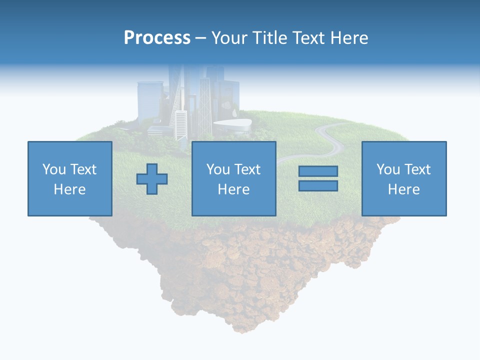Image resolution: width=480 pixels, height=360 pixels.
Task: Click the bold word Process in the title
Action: (157, 38)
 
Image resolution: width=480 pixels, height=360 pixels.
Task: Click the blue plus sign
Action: (152, 179)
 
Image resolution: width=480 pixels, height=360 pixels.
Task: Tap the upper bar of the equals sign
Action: (318, 171)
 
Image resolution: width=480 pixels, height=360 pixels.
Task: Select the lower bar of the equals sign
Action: (318, 186)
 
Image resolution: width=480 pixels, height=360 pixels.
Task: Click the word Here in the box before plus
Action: (69, 189)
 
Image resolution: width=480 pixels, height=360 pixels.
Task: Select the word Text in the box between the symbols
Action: (247, 169)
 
